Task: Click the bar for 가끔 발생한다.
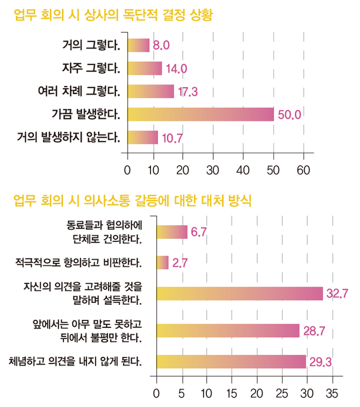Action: click(201, 115)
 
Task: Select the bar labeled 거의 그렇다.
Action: click(139, 45)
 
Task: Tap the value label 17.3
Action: click(188, 92)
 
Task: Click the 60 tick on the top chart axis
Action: click(304, 170)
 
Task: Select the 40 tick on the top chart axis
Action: click(244, 170)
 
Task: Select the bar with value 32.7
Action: click(240, 293)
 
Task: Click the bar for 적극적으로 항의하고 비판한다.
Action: click(162, 262)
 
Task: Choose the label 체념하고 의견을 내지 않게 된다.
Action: click(76, 361)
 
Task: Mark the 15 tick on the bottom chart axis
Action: click(232, 393)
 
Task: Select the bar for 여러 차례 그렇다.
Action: click(151, 91)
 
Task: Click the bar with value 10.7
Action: click(143, 138)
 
